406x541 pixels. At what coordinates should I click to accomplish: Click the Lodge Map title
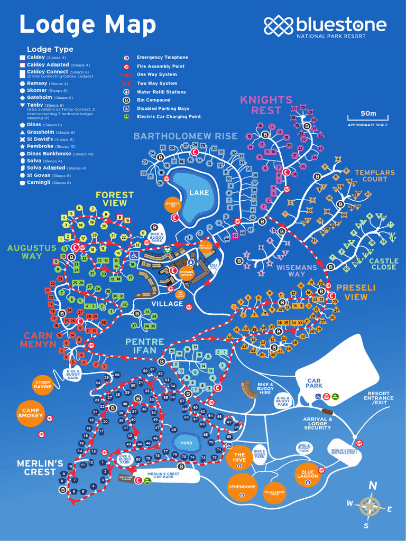click(x=88, y=25)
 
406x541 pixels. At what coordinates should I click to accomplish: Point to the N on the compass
click(x=373, y=486)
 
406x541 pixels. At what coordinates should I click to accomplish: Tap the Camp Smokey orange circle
click(x=30, y=413)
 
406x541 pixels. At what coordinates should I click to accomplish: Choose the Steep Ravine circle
click(x=43, y=384)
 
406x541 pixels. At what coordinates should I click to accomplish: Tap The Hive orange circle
click(x=239, y=458)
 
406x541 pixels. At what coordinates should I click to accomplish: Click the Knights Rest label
click(x=266, y=105)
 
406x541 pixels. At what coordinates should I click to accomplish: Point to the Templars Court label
click(x=374, y=176)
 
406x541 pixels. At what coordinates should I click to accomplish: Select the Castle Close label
click(x=383, y=264)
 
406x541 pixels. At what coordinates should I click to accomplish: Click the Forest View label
click(x=111, y=199)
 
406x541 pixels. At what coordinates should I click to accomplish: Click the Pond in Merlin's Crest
click(x=187, y=443)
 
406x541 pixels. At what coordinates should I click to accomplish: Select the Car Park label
click(x=315, y=383)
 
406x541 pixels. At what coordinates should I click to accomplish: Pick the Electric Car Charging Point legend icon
click(x=126, y=117)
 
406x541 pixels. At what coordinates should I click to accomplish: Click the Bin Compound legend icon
click(x=126, y=100)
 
